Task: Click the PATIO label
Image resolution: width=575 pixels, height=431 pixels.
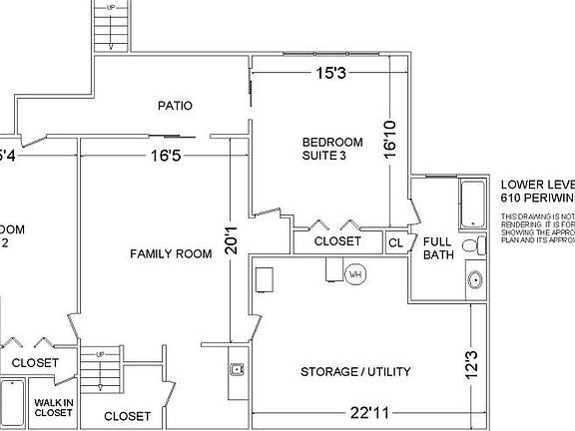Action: (175, 105)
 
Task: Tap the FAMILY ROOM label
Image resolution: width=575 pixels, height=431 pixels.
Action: (171, 253)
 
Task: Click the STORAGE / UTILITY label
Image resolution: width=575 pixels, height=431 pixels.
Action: (355, 372)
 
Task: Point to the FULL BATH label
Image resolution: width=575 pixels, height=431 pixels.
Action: (438, 247)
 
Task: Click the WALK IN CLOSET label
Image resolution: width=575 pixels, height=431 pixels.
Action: (53, 406)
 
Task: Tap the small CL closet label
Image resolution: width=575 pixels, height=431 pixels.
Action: (395, 241)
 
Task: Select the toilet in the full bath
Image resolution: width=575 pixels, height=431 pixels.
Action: (471, 247)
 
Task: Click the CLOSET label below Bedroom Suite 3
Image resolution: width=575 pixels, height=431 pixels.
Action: (337, 241)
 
